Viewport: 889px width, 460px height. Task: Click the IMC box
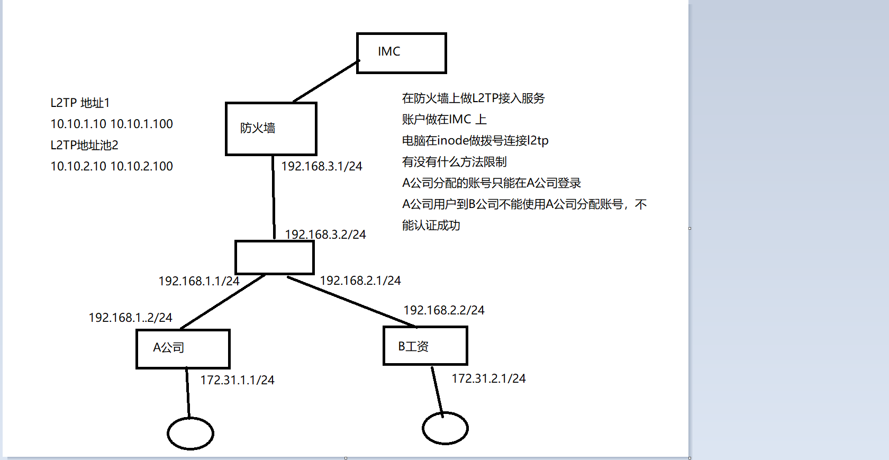click(401, 53)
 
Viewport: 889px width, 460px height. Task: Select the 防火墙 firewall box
click(271, 129)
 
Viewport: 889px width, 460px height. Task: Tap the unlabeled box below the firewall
click(274, 257)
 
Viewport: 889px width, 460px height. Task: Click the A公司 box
click(183, 348)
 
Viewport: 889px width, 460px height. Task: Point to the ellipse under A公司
click(190, 434)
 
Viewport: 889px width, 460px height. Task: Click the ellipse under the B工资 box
click(445, 428)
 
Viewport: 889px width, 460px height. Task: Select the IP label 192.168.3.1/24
click(322, 166)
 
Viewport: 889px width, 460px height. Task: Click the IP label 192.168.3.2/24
click(325, 234)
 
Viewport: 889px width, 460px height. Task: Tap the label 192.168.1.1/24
click(199, 281)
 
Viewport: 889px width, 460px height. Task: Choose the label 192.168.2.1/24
click(360, 281)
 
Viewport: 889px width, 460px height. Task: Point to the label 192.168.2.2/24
click(444, 310)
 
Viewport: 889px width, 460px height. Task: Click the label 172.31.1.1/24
click(237, 380)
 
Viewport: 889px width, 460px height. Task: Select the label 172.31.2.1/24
click(488, 378)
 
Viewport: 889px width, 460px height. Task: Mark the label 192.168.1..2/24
click(130, 318)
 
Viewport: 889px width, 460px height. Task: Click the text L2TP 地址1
click(80, 103)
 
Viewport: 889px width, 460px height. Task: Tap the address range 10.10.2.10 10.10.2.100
click(112, 166)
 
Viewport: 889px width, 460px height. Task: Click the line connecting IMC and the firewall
click(326, 82)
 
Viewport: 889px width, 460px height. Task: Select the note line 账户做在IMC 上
click(444, 120)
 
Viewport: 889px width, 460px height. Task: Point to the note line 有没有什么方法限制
click(454, 162)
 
